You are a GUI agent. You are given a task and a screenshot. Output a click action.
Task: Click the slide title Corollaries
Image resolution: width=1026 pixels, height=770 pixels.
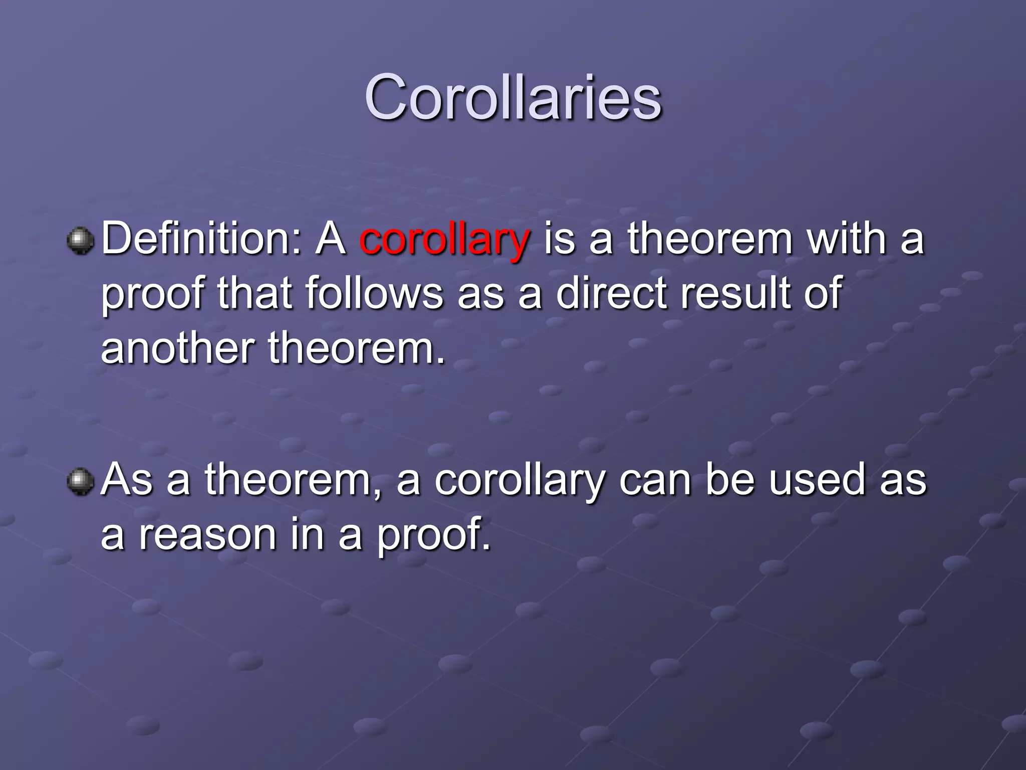click(513, 98)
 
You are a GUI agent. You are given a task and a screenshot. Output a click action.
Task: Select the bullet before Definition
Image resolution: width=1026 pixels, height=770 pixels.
click(80, 241)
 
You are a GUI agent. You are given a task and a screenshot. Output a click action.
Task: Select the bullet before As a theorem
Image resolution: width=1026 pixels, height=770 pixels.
click(80, 482)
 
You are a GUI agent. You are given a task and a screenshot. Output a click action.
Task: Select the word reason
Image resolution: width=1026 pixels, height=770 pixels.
click(207, 534)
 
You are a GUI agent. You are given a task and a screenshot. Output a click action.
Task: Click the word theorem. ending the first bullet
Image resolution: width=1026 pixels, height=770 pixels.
click(357, 348)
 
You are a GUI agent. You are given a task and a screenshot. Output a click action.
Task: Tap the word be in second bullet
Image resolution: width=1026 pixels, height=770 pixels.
click(730, 480)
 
